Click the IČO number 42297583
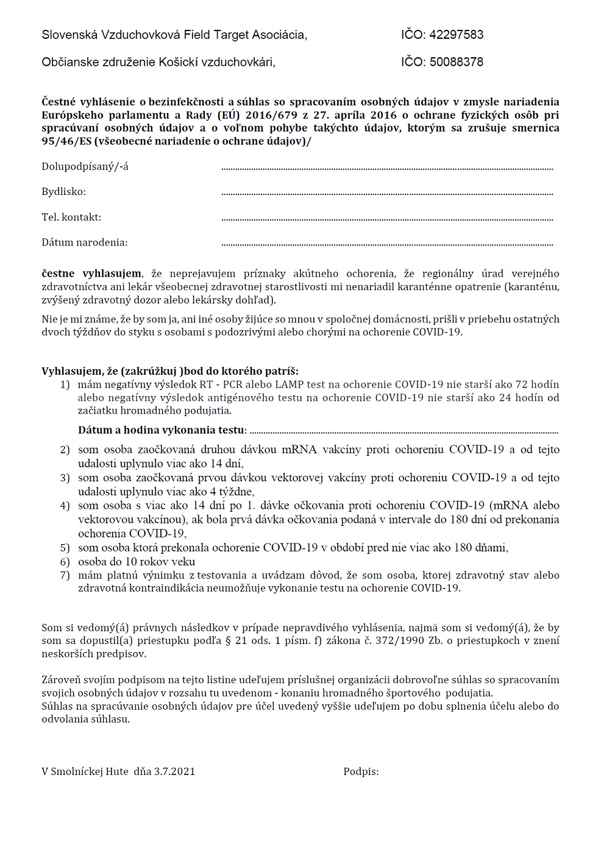click(457, 35)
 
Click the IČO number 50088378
click(457, 62)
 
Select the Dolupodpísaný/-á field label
click(85, 166)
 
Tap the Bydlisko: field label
click(64, 192)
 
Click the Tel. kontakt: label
click(71, 217)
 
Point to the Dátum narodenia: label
click(85, 242)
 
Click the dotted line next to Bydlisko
click(387, 194)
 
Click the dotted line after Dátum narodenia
click(387, 244)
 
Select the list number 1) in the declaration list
click(65, 384)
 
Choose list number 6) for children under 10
click(65, 561)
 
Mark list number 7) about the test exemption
click(65, 575)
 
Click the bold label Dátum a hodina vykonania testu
click(161, 430)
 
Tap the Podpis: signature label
click(361, 771)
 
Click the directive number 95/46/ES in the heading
click(64, 141)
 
